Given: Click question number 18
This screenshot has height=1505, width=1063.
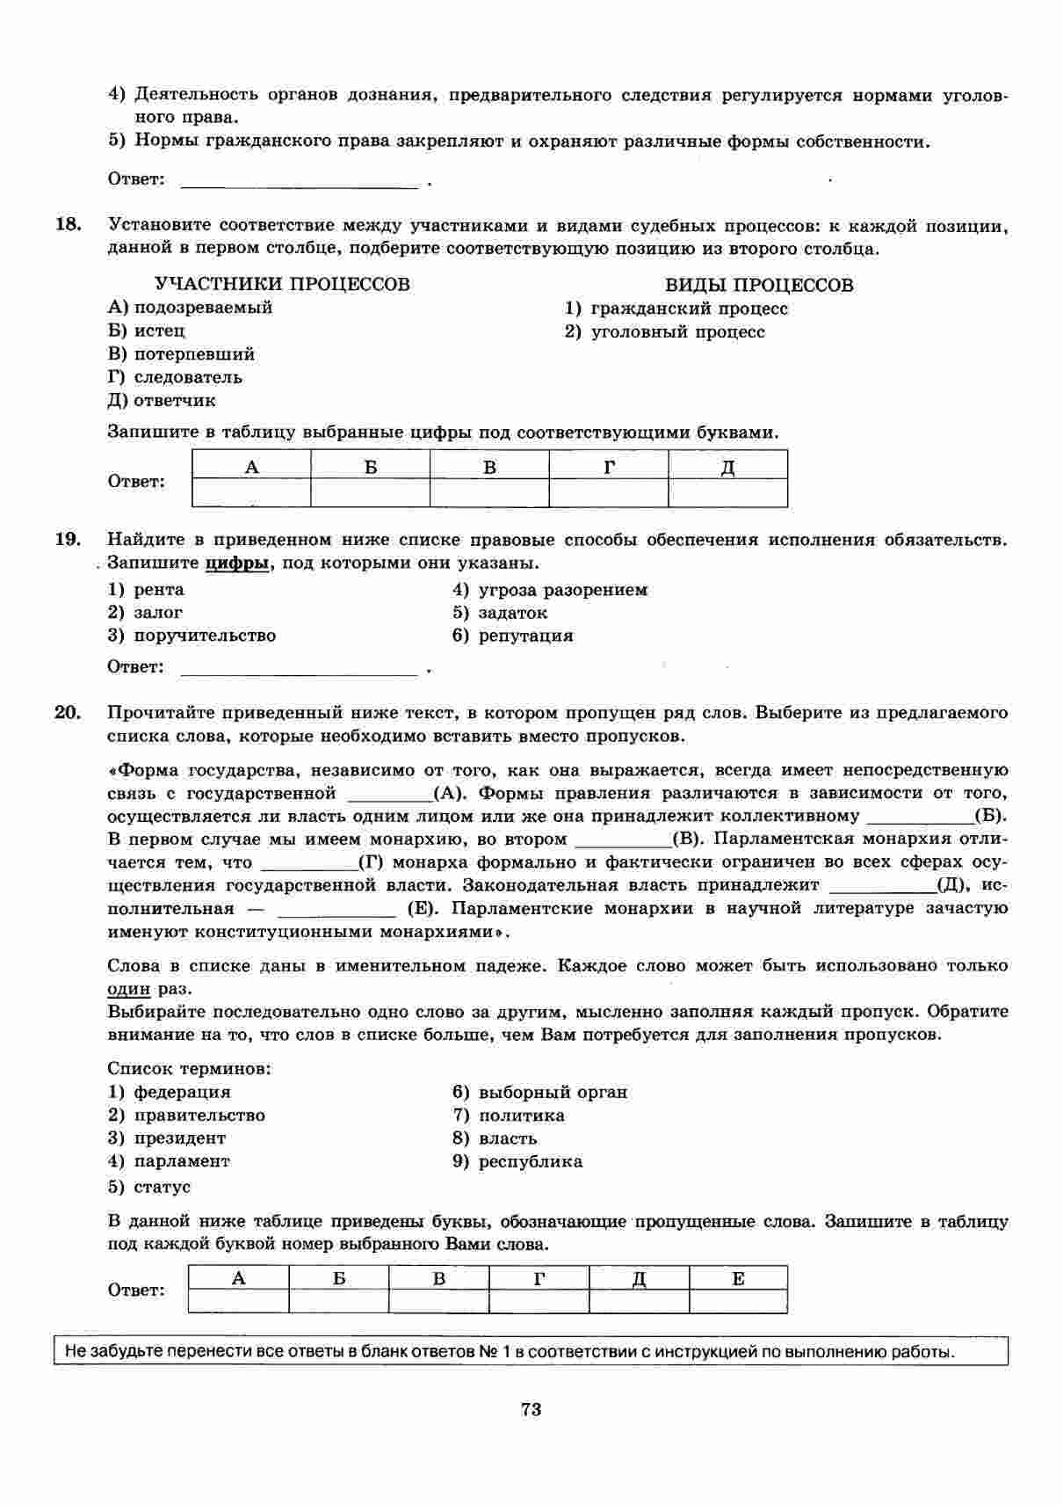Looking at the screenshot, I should click(x=68, y=225).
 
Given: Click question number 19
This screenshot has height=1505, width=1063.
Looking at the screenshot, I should click(x=68, y=539).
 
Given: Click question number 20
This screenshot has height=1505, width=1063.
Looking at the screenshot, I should click(x=68, y=712).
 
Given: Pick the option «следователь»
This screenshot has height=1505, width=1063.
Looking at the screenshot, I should click(x=187, y=377).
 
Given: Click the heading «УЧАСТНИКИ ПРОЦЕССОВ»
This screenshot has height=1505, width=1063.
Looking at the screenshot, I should click(x=282, y=284).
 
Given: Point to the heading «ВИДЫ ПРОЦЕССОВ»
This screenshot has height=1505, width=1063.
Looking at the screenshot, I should click(x=759, y=285).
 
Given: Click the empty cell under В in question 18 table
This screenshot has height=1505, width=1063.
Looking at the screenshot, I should click(x=489, y=493).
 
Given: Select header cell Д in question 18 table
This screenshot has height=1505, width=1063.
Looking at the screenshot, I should click(x=727, y=467).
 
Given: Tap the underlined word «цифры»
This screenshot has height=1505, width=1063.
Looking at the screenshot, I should click(x=236, y=563).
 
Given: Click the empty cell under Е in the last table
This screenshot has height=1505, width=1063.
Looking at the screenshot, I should click(x=738, y=1301).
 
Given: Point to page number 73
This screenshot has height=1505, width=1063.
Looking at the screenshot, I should click(x=531, y=1410).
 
